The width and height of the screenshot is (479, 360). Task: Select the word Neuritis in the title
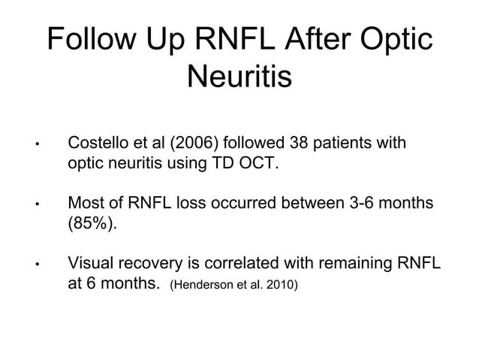tap(239, 77)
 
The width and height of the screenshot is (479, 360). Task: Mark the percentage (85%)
tap(90, 224)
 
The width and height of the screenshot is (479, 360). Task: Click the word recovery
tap(152, 265)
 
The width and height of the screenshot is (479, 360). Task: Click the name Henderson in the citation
tap(206, 286)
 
